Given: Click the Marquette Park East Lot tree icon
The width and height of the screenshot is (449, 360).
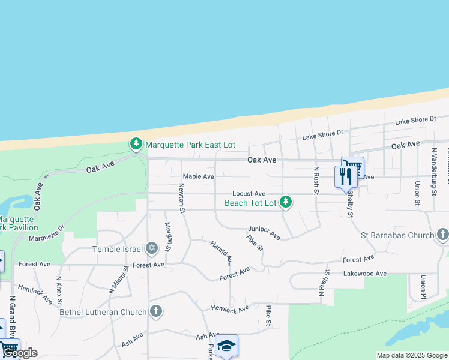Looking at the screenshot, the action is [x=137, y=145].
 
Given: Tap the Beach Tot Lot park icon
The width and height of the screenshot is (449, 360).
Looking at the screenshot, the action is [x=286, y=202].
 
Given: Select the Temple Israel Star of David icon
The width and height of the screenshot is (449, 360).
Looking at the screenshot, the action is [x=152, y=248].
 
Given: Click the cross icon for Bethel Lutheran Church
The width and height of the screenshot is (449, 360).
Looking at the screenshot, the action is [x=155, y=311].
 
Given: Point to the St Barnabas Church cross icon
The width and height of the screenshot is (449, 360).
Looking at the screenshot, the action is [x=443, y=235].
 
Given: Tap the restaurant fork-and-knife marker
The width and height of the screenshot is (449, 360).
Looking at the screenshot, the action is [x=345, y=176].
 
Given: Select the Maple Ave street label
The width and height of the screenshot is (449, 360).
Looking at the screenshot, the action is [x=199, y=176].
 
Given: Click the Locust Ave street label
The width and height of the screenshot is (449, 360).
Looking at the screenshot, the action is [x=249, y=194].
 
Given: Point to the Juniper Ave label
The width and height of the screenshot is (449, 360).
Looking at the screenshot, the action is [x=264, y=233].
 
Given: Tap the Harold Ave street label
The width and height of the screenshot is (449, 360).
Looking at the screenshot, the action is [x=221, y=253].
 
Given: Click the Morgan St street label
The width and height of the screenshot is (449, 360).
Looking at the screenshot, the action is [x=169, y=237].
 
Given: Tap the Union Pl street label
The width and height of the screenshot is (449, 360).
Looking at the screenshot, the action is [x=423, y=286].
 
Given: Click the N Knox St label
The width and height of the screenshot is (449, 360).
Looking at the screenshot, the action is [x=59, y=290].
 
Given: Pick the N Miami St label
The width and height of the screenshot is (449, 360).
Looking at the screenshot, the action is [x=118, y=280].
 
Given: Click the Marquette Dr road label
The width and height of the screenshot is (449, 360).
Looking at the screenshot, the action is [x=46, y=233].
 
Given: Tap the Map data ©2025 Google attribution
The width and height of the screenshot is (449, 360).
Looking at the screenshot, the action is [x=411, y=355].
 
